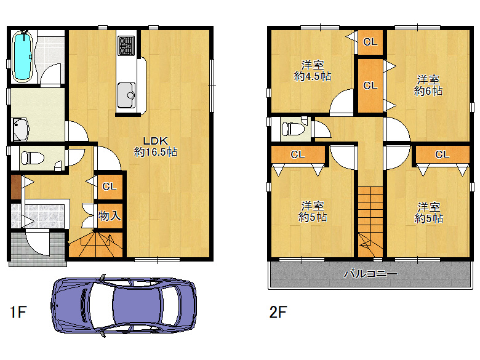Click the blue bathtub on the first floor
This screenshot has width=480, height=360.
tap(22, 57)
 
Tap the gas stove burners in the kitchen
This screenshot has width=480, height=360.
tap(126, 46)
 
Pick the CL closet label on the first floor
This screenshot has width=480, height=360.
tap(110, 186)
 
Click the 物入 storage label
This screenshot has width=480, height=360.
tap(110, 216)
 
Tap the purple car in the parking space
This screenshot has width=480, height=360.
tap(123, 305)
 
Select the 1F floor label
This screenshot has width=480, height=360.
tap(18, 312)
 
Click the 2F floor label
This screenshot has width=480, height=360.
tap(278, 312)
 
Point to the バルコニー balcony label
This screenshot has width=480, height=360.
tap(370, 273)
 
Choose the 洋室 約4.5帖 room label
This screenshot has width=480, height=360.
tap(313, 71)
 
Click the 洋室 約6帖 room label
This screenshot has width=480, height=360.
tap(428, 86)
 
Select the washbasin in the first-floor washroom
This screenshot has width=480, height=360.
tap(21, 129)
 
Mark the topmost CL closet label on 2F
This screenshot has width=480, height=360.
tap(370, 42)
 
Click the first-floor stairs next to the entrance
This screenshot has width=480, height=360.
tap(95, 244)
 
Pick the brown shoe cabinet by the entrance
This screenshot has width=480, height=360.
tap(16, 186)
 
